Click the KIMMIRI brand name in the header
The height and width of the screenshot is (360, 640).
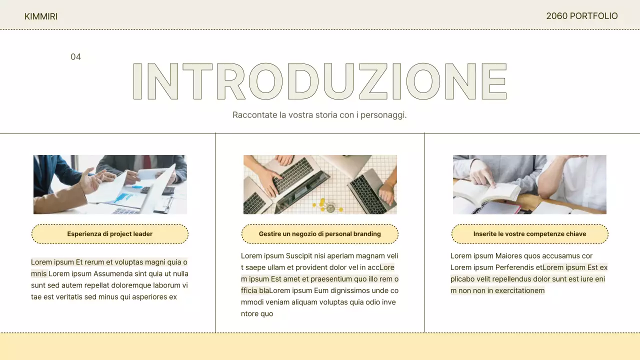[41, 16]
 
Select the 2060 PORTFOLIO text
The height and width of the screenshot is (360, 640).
[581, 16]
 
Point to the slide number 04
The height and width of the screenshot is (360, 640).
[75, 57]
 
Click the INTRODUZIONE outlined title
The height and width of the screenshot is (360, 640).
[320, 81]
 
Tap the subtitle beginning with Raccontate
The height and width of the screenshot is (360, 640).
[319, 115]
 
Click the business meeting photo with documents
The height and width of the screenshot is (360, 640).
[110, 184]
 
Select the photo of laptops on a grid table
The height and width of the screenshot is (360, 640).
[320, 184]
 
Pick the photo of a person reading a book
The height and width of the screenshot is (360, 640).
[529, 184]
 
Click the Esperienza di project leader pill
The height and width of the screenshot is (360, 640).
[110, 234]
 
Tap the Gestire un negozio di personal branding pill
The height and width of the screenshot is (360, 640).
[320, 234]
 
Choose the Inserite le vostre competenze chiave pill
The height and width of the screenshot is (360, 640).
[529, 234]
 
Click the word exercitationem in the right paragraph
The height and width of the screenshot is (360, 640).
[519, 290]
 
